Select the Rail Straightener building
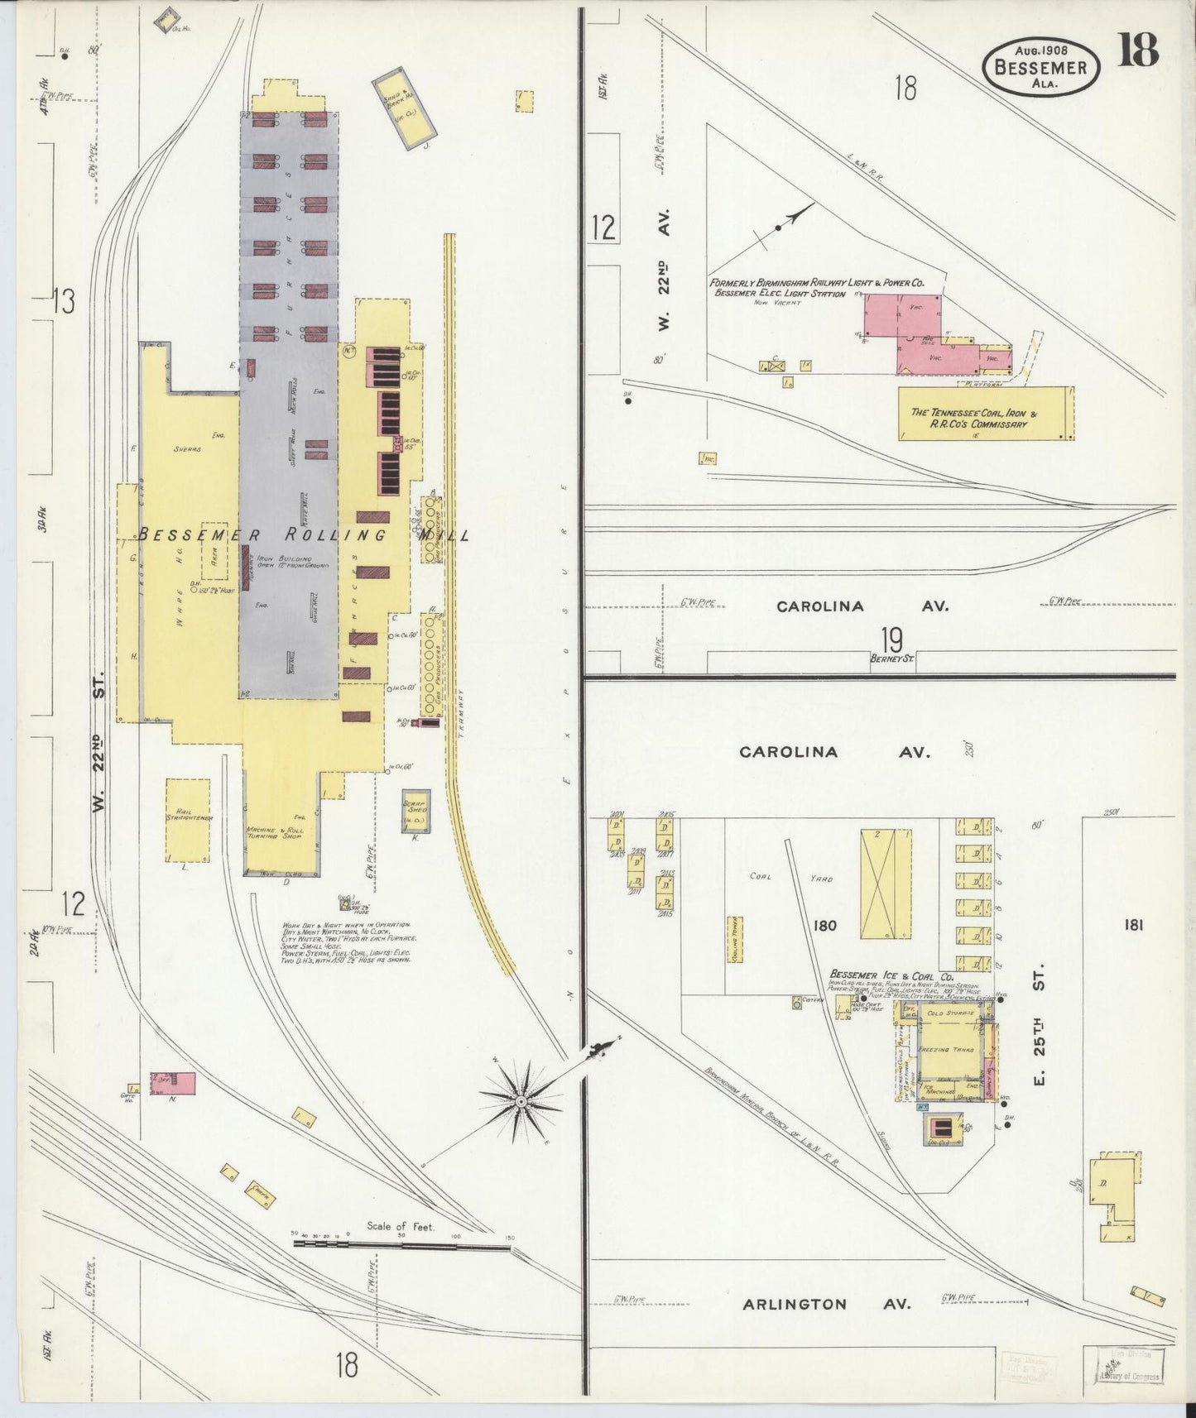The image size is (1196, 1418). click(x=188, y=819)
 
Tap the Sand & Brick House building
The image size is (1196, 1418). click(x=405, y=108)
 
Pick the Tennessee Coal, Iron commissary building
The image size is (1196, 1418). click(x=985, y=414)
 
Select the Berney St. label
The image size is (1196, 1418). click(x=891, y=659)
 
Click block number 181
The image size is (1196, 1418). click(x=1133, y=925)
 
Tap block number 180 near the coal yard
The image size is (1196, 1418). click(x=824, y=926)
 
